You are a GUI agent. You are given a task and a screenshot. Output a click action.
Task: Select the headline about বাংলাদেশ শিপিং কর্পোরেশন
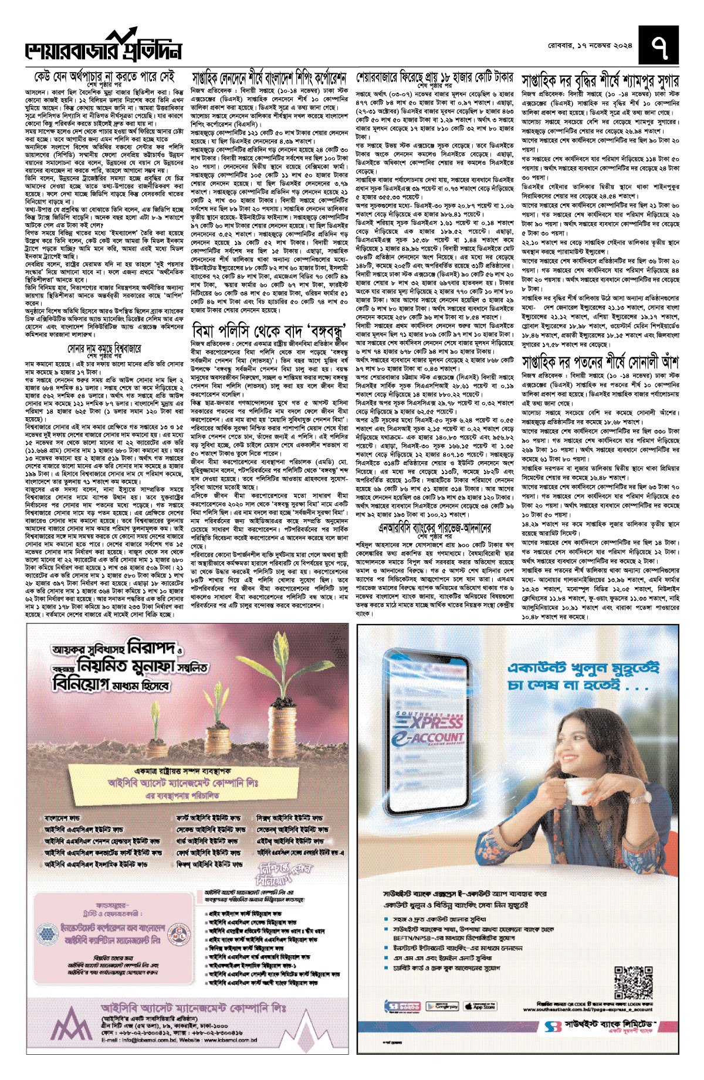point(269,79)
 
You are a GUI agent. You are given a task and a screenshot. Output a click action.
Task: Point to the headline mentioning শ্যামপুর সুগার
point(600,80)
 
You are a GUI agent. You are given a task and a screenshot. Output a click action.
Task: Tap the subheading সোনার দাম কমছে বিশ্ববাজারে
point(104,348)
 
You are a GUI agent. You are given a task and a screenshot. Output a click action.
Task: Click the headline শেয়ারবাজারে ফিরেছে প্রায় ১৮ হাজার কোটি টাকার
point(435,77)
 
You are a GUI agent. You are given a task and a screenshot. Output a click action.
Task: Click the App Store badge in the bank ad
point(480,1006)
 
